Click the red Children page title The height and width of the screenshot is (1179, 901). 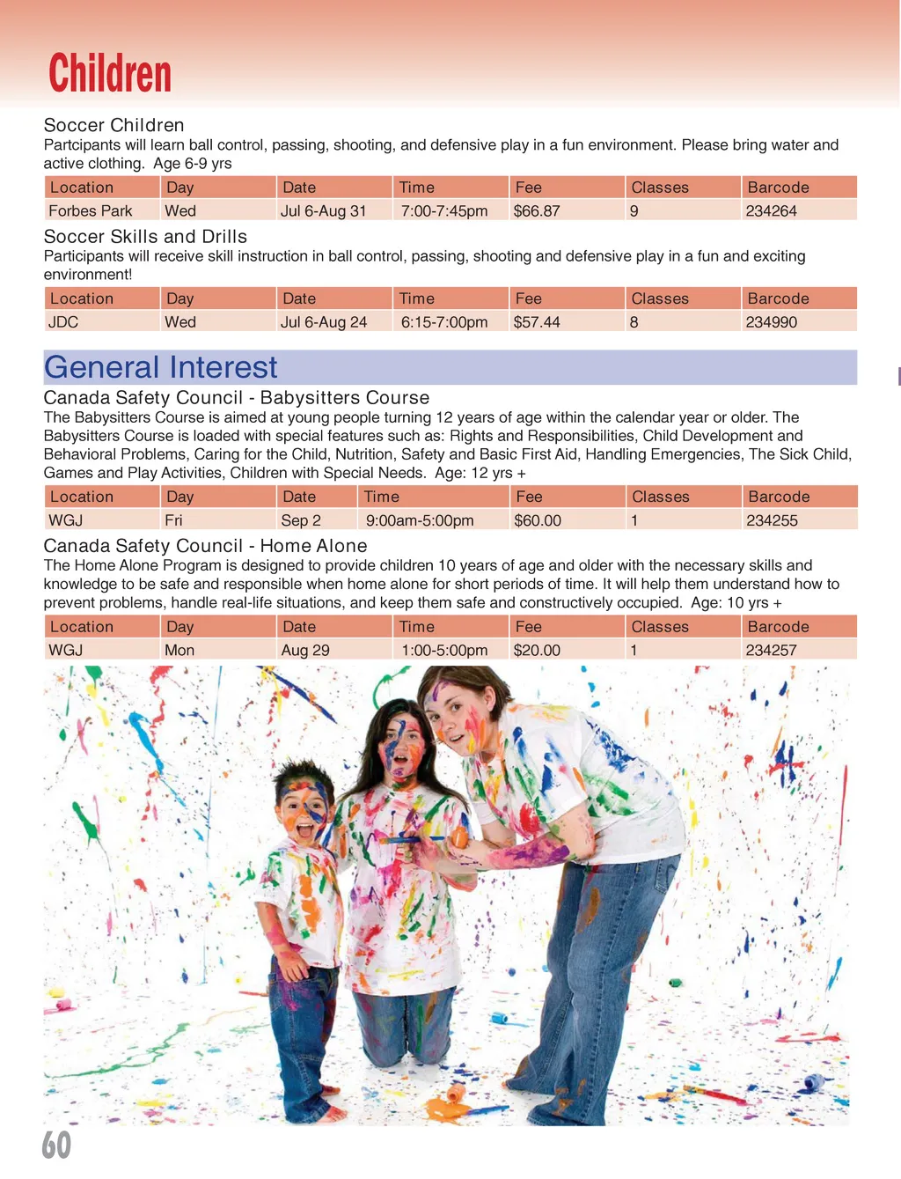tap(110, 73)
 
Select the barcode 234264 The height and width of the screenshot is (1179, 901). tap(771, 211)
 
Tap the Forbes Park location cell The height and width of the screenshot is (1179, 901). tap(91, 211)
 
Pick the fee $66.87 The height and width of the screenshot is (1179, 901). tap(537, 211)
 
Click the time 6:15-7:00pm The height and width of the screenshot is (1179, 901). tap(444, 322)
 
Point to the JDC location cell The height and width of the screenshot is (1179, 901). tap(63, 322)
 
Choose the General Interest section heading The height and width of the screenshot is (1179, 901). tap(161, 367)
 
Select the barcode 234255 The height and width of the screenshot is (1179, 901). tap(772, 520)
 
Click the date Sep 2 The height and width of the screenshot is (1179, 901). tap(301, 520)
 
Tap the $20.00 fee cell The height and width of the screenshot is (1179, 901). tap(537, 650)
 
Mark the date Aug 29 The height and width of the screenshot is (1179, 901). tap(305, 650)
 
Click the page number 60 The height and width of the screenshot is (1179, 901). tap(56, 1145)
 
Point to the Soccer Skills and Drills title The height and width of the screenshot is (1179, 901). tap(145, 237)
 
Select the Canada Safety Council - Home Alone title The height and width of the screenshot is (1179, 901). tap(205, 546)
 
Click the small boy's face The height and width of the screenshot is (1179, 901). tap(303, 811)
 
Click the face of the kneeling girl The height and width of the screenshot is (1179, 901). tap(401, 746)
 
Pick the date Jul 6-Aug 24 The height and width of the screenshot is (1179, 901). tap(324, 322)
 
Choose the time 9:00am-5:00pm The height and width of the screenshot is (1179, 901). tap(420, 520)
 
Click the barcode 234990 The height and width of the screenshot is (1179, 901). tap(771, 322)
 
